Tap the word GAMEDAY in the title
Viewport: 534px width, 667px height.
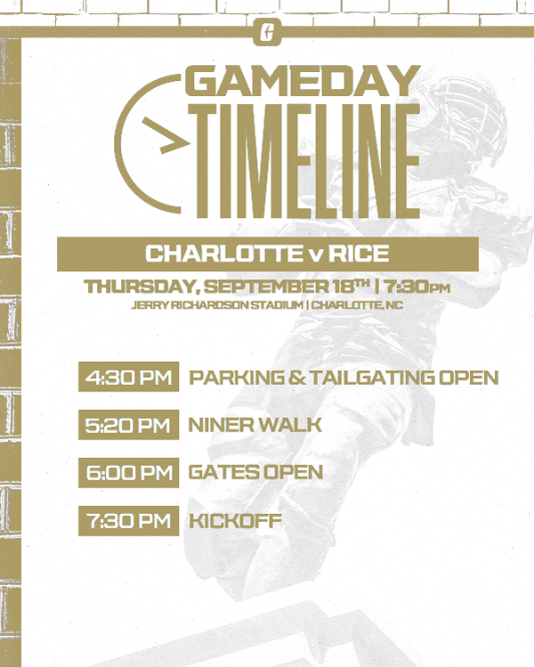click(x=303, y=83)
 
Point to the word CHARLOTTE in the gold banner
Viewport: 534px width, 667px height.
click(x=220, y=254)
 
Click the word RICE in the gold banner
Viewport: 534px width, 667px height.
click(x=361, y=254)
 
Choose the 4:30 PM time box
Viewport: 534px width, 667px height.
click(x=128, y=377)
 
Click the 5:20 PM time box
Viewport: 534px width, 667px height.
click(x=128, y=425)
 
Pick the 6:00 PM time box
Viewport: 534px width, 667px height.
click(x=128, y=472)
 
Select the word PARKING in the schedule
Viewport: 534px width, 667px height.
click(x=231, y=377)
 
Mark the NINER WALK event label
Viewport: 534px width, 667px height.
click(x=255, y=425)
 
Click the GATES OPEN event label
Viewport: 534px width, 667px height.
click(x=255, y=472)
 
